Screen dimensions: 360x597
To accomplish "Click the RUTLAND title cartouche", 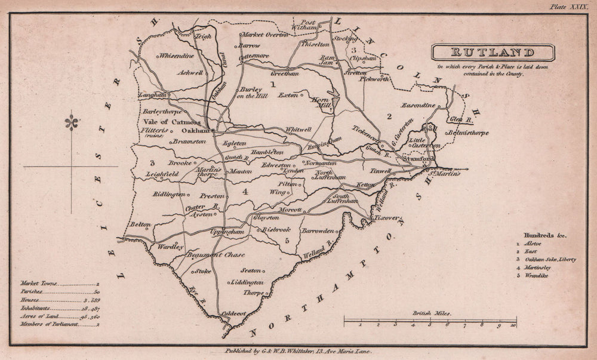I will (493, 53).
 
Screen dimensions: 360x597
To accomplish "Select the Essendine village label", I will (418, 105).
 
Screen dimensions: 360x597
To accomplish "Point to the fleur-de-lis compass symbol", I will (72, 123).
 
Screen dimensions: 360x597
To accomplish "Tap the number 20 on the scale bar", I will (513, 325).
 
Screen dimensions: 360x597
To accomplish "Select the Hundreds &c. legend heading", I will (541, 235).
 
